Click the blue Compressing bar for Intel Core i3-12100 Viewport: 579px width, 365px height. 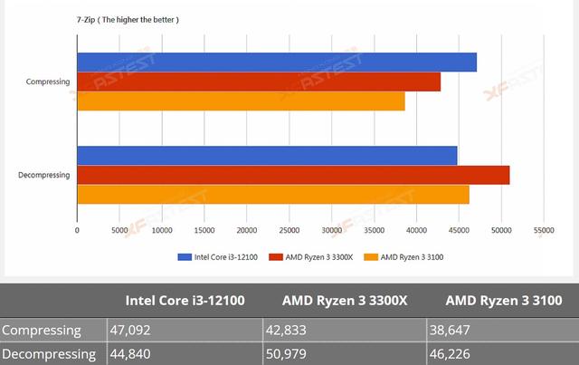pos(276,62)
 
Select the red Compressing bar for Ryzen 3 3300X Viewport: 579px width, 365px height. pos(258,82)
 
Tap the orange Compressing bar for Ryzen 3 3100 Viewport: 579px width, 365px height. pos(241,101)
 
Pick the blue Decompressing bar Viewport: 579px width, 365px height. pos(267,155)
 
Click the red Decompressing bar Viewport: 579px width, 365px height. pos(293,175)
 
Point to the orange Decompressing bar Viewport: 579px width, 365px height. pos(272,195)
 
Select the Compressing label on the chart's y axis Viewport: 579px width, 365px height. pos(49,82)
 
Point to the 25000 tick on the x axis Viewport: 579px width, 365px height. pos(289,231)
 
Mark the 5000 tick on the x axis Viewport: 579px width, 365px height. pos(119,231)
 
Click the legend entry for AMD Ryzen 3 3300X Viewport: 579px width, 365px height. pos(317,257)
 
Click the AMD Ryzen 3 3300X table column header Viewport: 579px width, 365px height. pos(343,301)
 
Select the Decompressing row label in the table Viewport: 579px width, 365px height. pos(50,353)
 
